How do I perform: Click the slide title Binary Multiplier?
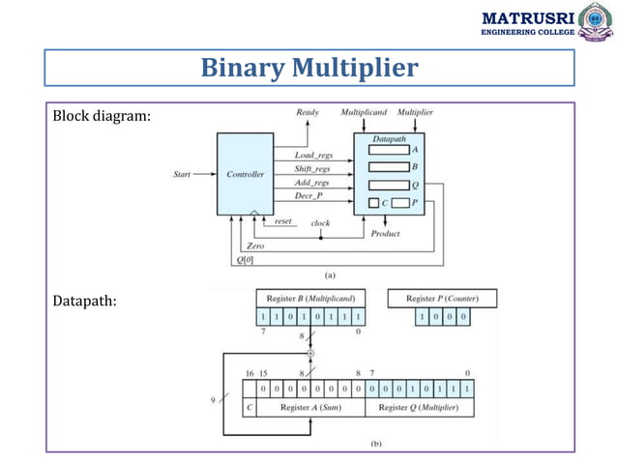point(308,68)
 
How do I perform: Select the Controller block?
point(246,175)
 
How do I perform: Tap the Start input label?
point(181,175)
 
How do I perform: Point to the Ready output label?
point(307,113)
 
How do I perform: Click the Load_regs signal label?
point(314,155)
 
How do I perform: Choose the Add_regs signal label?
point(313,182)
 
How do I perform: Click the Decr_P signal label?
point(309,195)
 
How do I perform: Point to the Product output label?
point(386,234)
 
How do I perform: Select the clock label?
point(320,223)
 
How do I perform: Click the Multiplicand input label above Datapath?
point(364,113)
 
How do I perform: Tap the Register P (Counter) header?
point(442,298)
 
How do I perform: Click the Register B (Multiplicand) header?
point(310,298)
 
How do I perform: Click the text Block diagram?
point(102,117)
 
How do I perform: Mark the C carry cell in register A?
point(250,408)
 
